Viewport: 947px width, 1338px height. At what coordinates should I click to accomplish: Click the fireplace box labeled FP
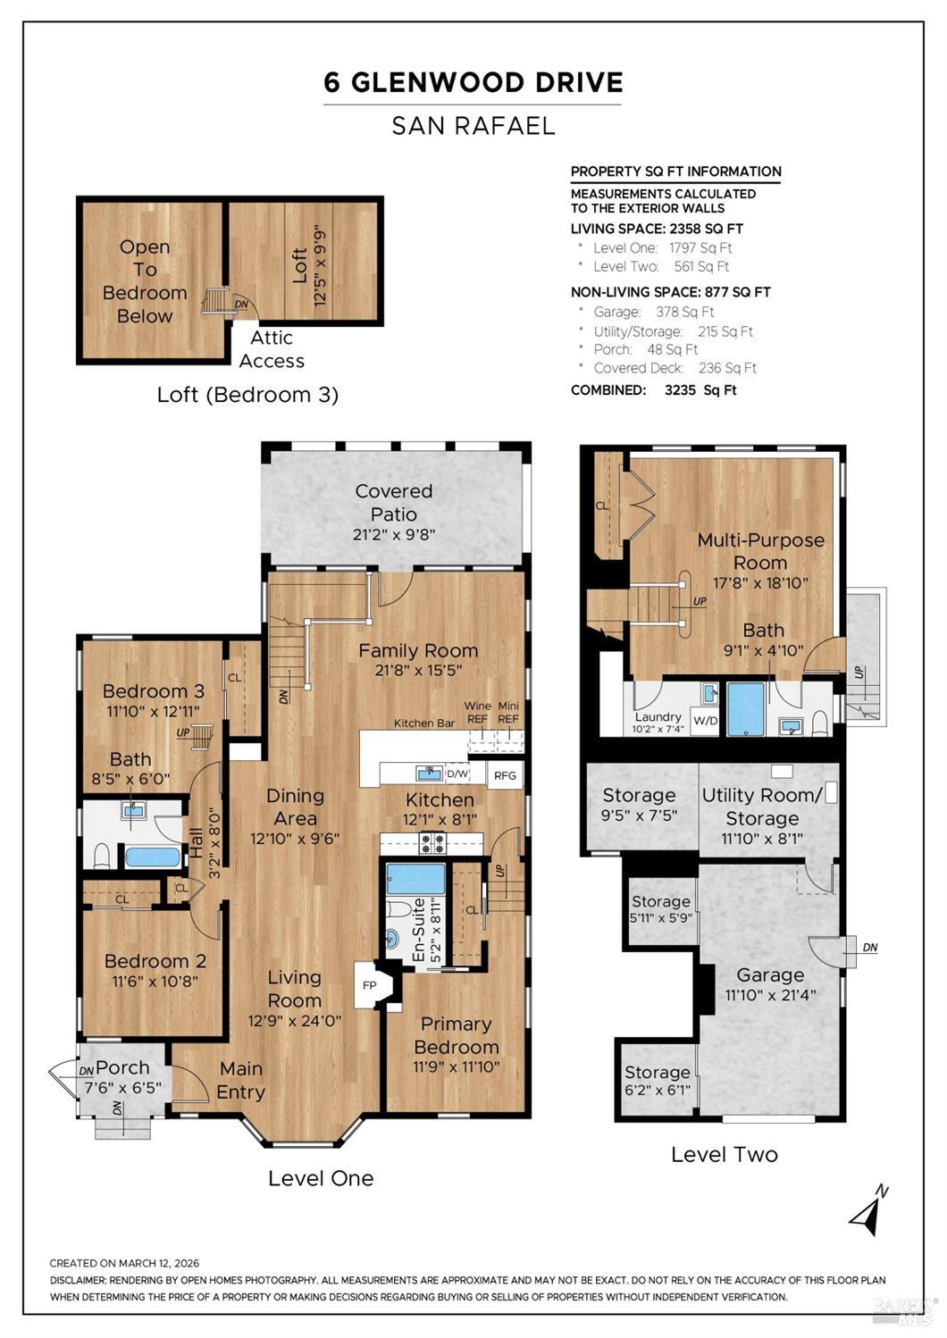[x=371, y=985]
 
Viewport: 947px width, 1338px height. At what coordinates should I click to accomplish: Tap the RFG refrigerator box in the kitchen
[x=505, y=775]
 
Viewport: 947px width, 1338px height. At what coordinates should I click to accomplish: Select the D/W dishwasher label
[x=457, y=774]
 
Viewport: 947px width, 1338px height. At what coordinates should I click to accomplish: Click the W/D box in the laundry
[x=705, y=721]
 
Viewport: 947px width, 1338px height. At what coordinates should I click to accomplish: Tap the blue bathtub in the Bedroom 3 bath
[x=152, y=857]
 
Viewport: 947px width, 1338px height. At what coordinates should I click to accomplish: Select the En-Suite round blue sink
[x=392, y=939]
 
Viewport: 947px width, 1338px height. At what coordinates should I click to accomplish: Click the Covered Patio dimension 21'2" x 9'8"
[x=394, y=534]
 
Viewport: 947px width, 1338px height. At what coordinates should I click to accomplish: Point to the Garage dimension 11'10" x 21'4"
[x=770, y=995]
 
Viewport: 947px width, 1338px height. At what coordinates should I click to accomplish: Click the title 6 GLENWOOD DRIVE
[x=473, y=82]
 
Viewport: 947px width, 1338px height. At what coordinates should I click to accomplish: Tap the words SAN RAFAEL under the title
[x=473, y=126]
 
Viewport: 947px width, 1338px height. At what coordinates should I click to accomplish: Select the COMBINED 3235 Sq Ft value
[x=700, y=390]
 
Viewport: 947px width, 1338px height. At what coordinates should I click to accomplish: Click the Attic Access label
[x=272, y=349]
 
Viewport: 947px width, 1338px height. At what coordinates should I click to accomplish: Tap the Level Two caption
[x=725, y=1155]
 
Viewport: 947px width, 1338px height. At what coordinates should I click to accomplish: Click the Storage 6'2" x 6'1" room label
[x=658, y=1081]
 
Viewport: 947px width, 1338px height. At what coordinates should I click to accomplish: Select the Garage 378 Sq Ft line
[x=654, y=312]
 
